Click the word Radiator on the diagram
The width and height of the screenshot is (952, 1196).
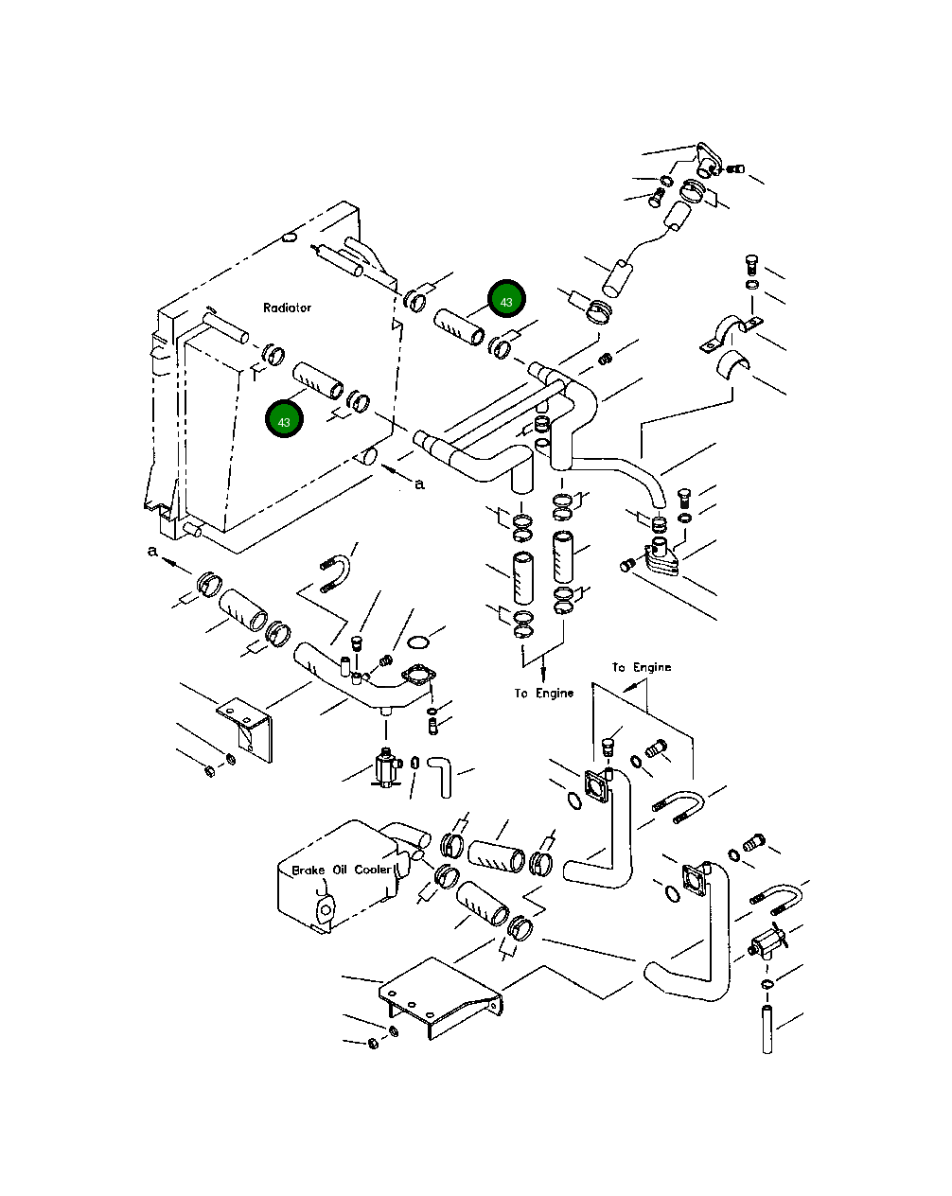[x=287, y=308]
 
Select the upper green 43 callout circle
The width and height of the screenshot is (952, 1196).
[x=506, y=301]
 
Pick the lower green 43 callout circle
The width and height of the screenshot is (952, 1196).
[x=284, y=420]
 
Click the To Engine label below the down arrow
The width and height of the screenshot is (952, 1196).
[x=544, y=694]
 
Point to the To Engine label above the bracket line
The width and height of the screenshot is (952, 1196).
[x=641, y=667]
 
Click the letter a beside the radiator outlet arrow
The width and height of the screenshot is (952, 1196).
[x=420, y=484]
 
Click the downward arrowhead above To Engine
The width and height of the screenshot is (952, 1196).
[x=544, y=675]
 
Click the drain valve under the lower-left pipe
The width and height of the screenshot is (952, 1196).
[x=386, y=765]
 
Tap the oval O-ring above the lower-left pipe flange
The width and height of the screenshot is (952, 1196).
[x=418, y=644]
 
